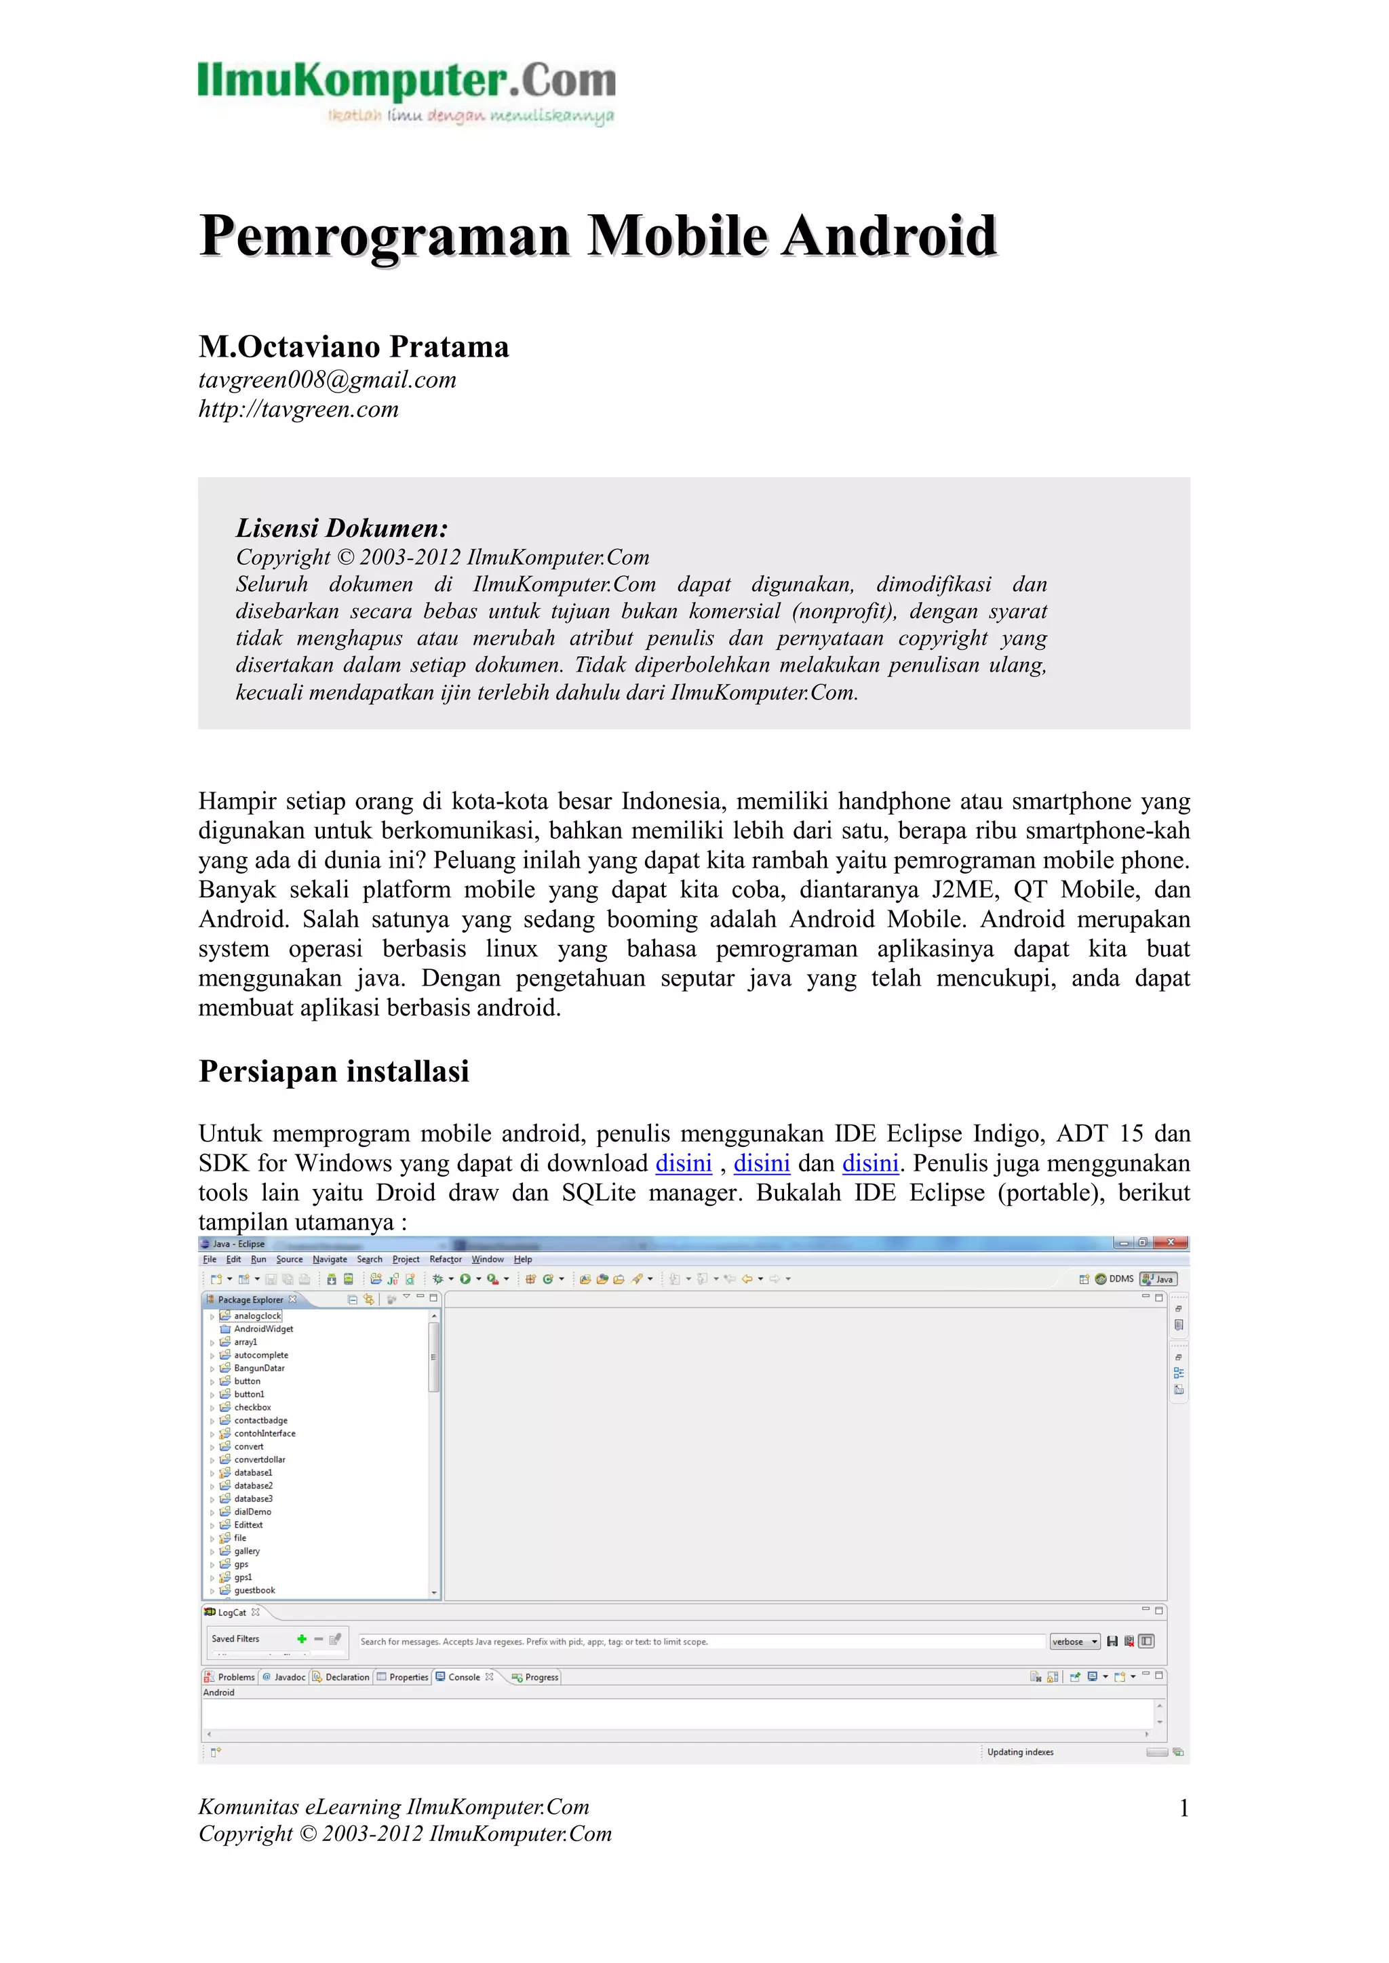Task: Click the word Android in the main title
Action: [x=890, y=236]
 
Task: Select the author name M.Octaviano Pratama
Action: [x=353, y=346]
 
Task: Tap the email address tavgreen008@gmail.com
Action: [x=327, y=380]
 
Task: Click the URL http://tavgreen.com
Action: [x=298, y=409]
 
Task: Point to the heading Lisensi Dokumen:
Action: [x=341, y=527]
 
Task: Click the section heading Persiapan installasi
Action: [x=334, y=1071]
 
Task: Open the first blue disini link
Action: [x=684, y=1164]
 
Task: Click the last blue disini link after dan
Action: [x=870, y=1164]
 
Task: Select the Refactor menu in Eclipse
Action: [x=445, y=1259]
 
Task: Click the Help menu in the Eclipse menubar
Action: [x=523, y=1259]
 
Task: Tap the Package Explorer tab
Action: [x=250, y=1299]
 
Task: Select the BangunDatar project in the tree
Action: [x=258, y=1368]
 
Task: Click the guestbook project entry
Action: [x=254, y=1590]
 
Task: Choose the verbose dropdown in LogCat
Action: [x=1074, y=1642]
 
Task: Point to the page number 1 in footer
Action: [x=1183, y=1808]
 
